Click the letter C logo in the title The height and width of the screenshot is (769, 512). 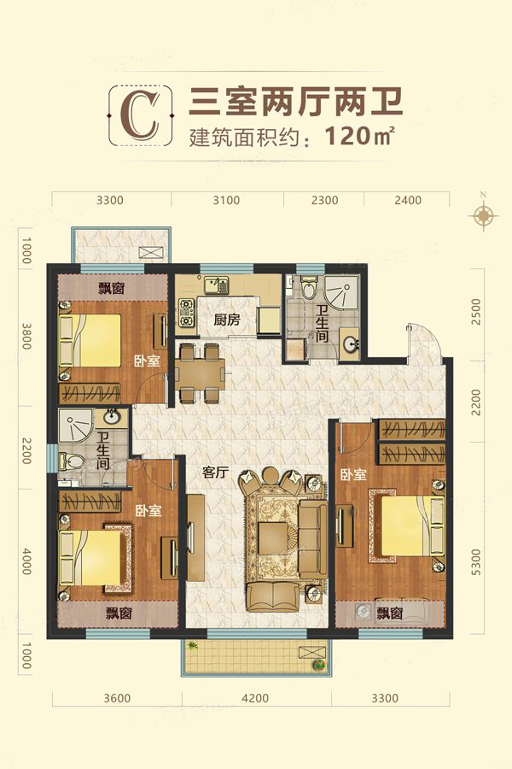pos(141,115)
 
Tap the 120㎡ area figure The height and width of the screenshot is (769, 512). pos(359,135)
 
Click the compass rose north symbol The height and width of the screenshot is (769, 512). pos(483,214)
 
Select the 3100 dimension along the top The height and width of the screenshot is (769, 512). pos(226,200)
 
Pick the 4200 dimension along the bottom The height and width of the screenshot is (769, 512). pos(255,697)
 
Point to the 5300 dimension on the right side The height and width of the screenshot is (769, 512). pos(475,561)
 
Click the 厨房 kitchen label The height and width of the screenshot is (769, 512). pos(227,320)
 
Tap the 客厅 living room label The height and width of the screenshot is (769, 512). pos(216,473)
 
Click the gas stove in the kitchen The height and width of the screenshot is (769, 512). pos(186,313)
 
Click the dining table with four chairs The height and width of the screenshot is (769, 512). pos(200,373)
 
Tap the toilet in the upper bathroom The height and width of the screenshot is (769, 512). pos(309,289)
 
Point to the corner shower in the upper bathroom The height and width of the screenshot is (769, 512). pos(341,293)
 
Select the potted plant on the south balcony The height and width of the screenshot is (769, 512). pos(319,665)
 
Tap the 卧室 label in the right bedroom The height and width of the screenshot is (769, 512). pos(353,475)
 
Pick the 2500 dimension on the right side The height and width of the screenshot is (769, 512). pos(475,312)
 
